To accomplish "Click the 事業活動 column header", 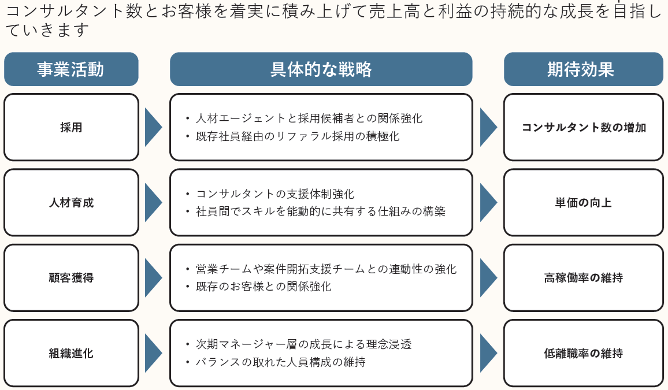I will click(x=71, y=69).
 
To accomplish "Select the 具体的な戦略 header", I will click(x=321, y=69).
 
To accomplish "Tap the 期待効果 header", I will click(x=583, y=69).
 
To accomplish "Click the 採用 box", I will click(x=71, y=128).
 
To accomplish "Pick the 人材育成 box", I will click(x=71, y=203).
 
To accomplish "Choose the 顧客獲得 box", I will click(x=71, y=278).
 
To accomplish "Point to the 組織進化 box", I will click(x=71, y=353).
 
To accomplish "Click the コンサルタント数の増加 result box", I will click(x=583, y=128).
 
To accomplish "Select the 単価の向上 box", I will click(x=583, y=203).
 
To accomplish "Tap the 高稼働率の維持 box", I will click(x=583, y=278).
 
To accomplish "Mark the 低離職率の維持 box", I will click(x=583, y=353).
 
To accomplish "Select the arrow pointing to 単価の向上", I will click(x=488, y=203).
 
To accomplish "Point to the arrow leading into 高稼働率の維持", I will click(x=488, y=278).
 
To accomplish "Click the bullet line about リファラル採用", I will click(x=298, y=136).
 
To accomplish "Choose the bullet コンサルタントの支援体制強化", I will click(x=275, y=194).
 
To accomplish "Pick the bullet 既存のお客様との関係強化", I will click(x=264, y=286).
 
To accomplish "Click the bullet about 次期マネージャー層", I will click(x=303, y=344).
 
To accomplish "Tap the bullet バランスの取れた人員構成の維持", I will click(x=280, y=362).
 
